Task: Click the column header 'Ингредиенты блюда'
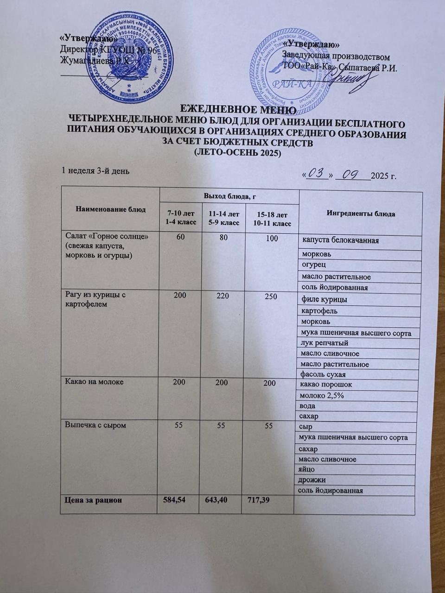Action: point(361,214)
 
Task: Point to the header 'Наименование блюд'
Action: point(110,209)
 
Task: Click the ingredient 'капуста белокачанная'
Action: point(341,241)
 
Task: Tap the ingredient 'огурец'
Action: point(313,265)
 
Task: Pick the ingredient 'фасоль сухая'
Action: point(323,374)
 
